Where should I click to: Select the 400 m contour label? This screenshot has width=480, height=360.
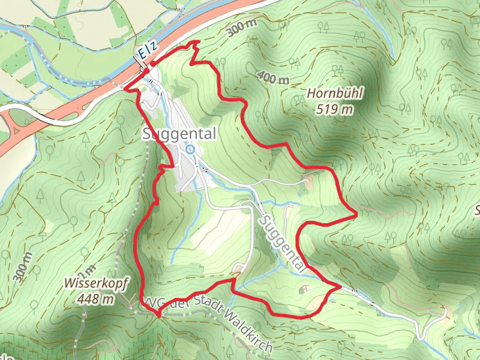point(272,76)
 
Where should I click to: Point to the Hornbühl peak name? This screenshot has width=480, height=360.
point(335,94)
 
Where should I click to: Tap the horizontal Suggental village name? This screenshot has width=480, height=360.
point(179,134)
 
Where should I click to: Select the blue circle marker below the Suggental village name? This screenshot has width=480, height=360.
point(190,149)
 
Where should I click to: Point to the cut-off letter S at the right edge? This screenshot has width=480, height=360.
point(478,211)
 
